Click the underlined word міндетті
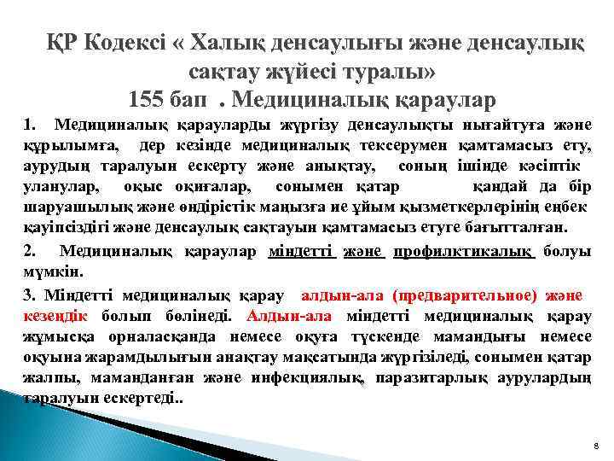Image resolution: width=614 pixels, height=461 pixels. pos(301,252)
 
